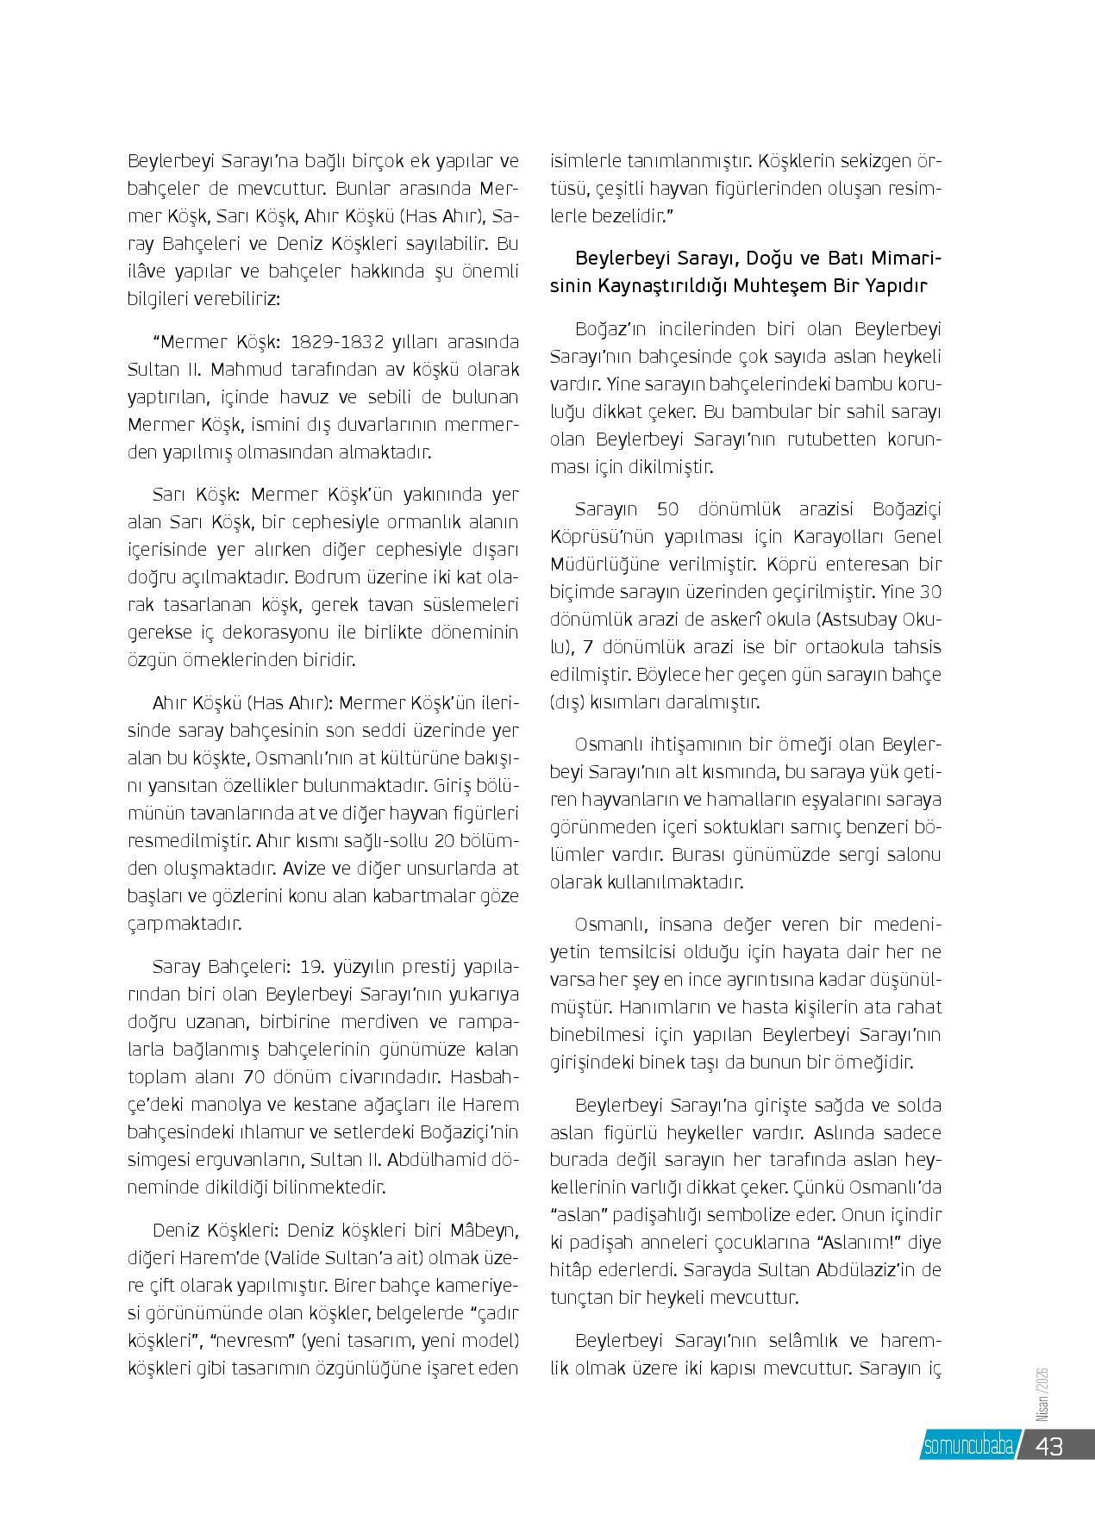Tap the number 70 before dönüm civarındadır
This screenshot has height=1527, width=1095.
pos(252,1077)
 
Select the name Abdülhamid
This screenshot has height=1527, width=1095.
pos(435,1160)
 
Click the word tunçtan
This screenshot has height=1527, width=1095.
pos(578,1298)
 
